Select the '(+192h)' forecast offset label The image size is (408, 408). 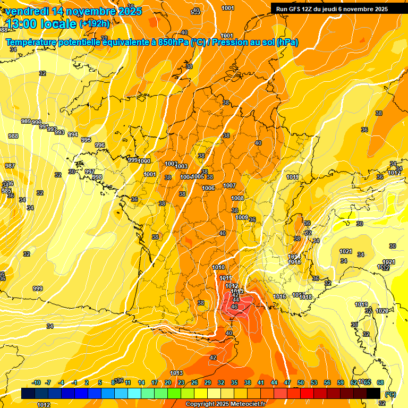point(94,24)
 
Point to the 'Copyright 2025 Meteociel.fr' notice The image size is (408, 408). point(225,404)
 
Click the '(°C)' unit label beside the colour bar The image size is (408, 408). point(390,394)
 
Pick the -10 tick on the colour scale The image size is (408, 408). point(37,382)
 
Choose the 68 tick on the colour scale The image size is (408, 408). point(380,382)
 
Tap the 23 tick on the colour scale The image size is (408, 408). point(181,382)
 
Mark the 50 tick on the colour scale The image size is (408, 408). point(301,382)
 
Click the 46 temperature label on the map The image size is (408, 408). point(234,307)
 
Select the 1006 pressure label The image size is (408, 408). point(208,188)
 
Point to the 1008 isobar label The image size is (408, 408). point(237,198)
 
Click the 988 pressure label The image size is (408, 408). point(13,137)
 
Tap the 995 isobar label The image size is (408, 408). point(86,140)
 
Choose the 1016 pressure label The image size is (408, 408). point(280,296)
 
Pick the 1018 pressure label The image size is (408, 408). point(305,297)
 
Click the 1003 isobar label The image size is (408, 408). point(181,166)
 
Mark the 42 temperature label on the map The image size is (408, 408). point(213,358)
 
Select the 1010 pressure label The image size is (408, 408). point(218,267)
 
